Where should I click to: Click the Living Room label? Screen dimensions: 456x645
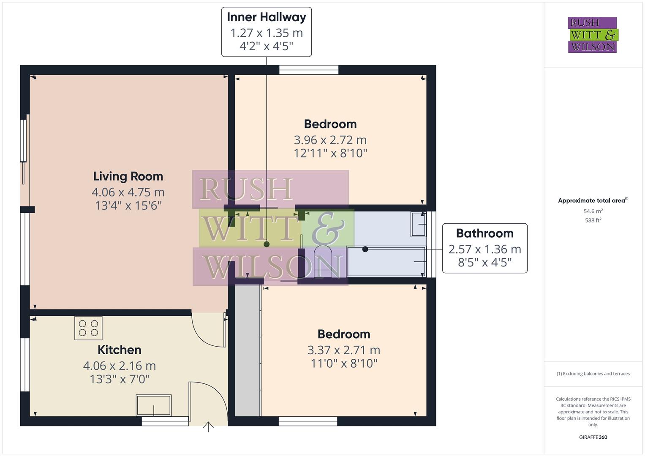(x=128, y=176)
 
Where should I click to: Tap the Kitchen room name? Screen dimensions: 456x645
(x=120, y=350)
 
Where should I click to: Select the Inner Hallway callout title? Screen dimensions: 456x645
(x=267, y=17)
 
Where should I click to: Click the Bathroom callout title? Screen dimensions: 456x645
(x=484, y=233)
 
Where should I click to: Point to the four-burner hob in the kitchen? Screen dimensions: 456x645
(x=88, y=328)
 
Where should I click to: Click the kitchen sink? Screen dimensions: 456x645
(x=153, y=405)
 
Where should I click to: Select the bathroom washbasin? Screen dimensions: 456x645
(x=419, y=224)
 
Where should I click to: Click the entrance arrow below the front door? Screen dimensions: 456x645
(x=208, y=427)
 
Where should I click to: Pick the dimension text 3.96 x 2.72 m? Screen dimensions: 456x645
(x=330, y=140)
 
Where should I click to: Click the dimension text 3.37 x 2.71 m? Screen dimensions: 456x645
(x=344, y=350)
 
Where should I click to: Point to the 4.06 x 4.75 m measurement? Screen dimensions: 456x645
(x=128, y=192)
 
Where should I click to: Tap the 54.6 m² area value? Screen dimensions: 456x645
(x=593, y=211)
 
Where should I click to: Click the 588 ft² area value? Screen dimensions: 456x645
(x=593, y=220)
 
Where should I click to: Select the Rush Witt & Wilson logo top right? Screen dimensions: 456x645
(x=592, y=35)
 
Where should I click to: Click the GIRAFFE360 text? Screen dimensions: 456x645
(x=593, y=437)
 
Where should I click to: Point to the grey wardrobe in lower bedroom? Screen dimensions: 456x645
(x=248, y=350)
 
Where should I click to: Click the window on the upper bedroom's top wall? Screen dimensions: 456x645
(x=309, y=70)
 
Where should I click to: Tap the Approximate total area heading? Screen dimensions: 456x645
(x=593, y=201)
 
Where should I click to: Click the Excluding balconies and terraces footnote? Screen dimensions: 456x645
(x=593, y=374)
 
